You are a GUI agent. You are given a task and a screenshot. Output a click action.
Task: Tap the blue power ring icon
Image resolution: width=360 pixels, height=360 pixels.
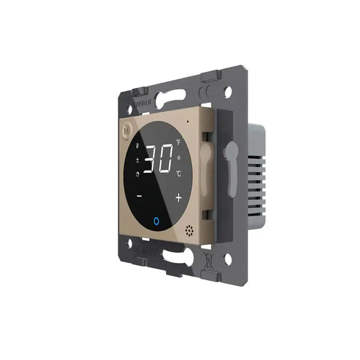pyautogui.click(x=157, y=221)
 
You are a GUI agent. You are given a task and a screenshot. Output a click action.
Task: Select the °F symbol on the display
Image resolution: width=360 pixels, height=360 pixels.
pyautogui.click(x=178, y=143)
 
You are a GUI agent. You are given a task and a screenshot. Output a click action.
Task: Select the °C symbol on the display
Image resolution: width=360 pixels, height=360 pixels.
pyautogui.click(x=178, y=173)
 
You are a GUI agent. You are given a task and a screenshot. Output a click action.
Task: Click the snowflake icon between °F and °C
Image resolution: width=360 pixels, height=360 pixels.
pyautogui.click(x=179, y=158)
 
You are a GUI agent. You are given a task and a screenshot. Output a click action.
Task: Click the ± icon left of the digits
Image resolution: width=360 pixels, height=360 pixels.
pyautogui.click(x=137, y=160)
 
